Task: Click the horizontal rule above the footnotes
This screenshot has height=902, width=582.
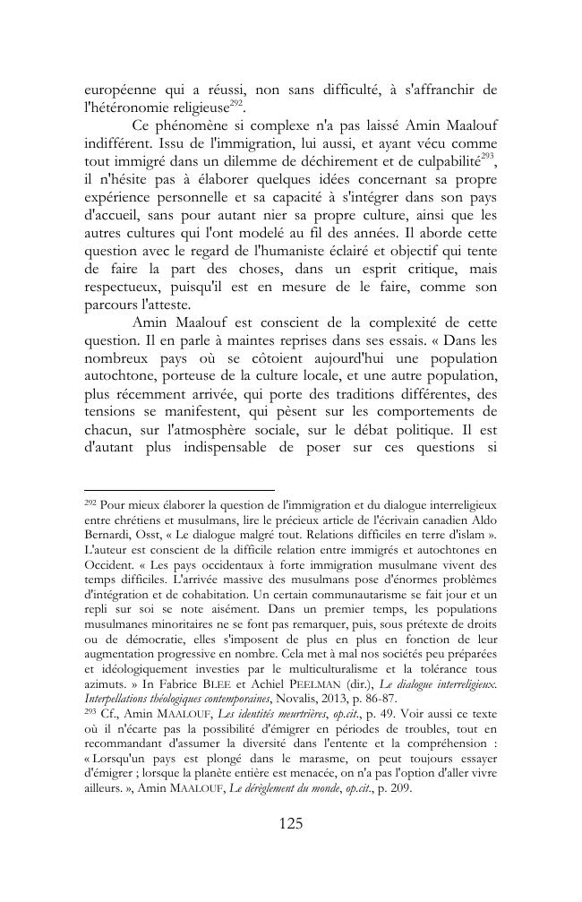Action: coord(179,491)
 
